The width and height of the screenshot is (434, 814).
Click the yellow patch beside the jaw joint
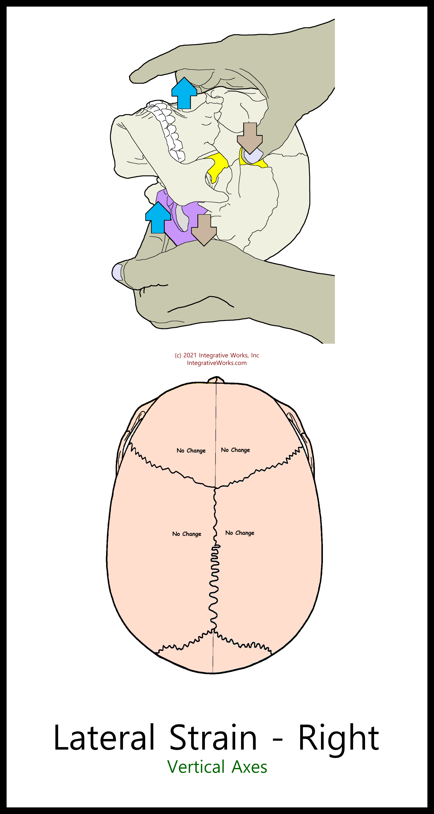click(x=217, y=166)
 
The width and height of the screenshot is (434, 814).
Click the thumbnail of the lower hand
click(x=117, y=272)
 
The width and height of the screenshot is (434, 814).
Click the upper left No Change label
click(x=191, y=450)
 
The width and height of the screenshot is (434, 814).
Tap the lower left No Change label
click(x=187, y=534)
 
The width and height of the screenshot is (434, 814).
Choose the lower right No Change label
click(x=240, y=533)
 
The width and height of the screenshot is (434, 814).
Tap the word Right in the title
click(x=339, y=738)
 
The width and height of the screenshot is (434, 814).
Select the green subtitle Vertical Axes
click(x=217, y=767)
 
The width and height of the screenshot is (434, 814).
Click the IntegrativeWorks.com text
click(x=217, y=363)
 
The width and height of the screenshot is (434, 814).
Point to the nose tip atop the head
click(x=216, y=380)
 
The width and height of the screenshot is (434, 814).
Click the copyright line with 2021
click(x=217, y=355)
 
